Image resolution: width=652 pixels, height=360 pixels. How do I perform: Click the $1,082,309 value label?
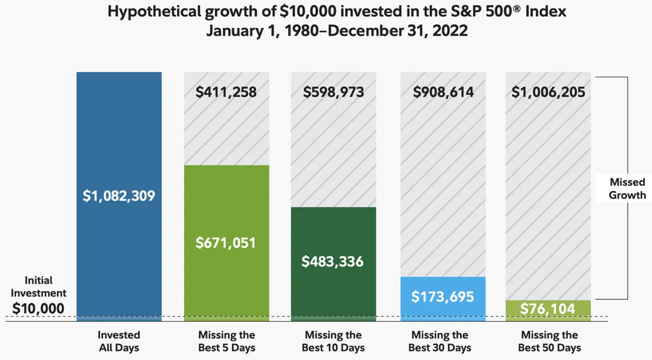point(119,196)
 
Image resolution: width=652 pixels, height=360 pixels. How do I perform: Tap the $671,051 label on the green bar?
point(226,243)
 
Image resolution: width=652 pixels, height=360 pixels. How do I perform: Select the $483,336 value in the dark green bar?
point(332,262)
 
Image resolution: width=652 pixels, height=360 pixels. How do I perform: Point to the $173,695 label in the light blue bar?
point(443,297)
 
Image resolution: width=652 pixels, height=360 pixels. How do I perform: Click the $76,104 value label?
point(548,309)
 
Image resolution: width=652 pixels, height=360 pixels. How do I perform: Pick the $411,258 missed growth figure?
point(226,92)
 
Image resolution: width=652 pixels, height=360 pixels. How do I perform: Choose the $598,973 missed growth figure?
point(334,92)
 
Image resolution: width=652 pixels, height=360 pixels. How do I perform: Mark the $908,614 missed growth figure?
point(443,92)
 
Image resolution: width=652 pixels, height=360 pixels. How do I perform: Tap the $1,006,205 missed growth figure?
point(548,92)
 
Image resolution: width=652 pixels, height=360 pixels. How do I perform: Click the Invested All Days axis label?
point(119,341)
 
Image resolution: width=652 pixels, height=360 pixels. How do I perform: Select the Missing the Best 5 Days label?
point(227,341)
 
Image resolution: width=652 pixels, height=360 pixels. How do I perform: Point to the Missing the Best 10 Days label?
point(333,341)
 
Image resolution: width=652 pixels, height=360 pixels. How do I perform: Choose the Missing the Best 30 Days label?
point(440,341)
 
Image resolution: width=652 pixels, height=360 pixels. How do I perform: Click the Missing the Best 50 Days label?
point(550,341)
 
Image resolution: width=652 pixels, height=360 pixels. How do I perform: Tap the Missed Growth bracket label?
point(628,189)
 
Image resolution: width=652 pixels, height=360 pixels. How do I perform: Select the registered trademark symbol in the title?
point(517,9)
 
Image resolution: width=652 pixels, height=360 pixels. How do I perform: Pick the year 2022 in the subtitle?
point(450,31)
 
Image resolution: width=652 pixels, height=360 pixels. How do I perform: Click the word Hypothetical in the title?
point(154,12)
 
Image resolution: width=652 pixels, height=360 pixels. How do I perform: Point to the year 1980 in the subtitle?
point(302,31)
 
